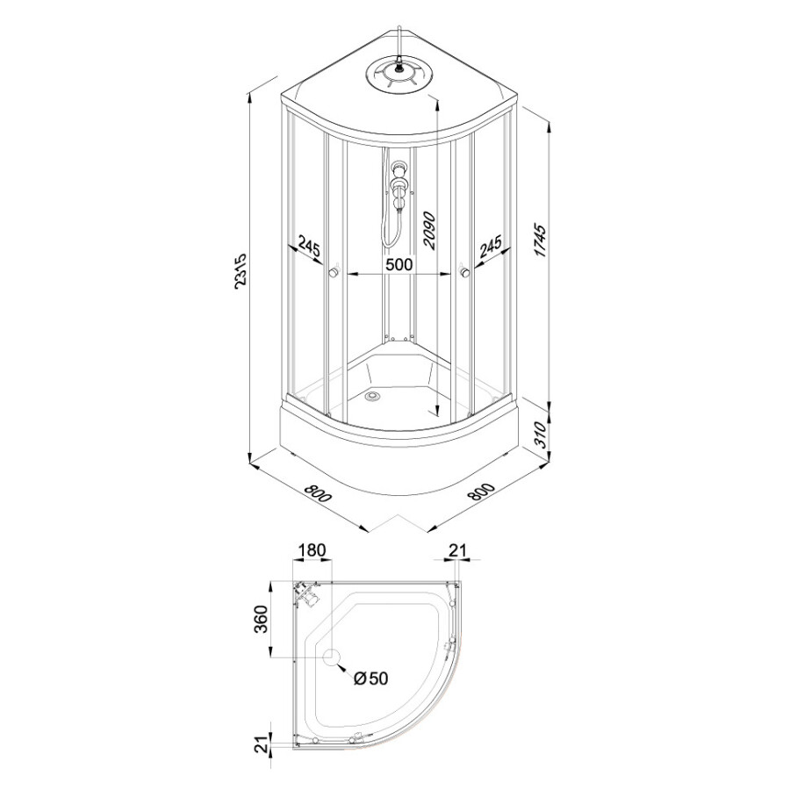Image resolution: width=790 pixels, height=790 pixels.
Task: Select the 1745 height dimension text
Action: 541,241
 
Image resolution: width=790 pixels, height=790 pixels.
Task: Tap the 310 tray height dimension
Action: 541,435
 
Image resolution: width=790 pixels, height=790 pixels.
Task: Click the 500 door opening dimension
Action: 399,264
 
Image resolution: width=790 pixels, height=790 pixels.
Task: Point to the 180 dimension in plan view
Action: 312,549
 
